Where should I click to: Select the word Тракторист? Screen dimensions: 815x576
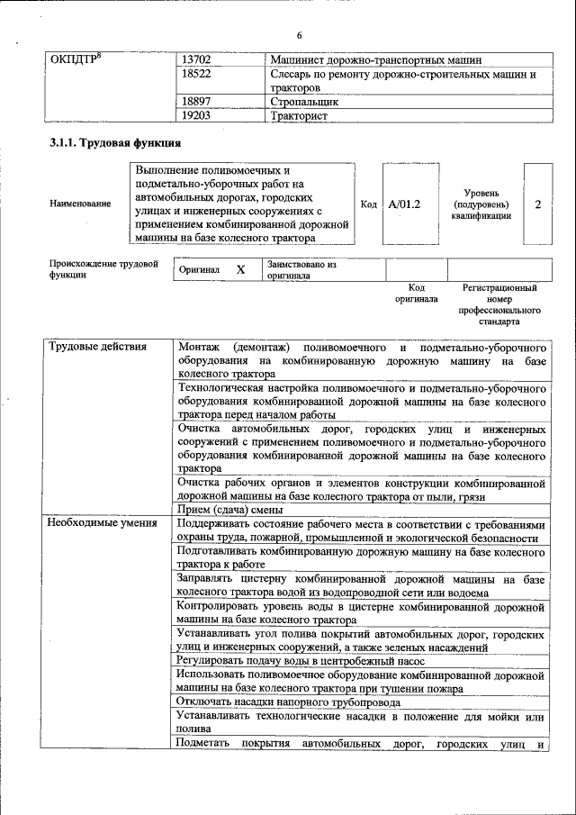(301, 116)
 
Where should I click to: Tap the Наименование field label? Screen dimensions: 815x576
(80, 204)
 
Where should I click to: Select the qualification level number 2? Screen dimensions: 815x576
(537, 204)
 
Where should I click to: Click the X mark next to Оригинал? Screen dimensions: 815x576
(240, 269)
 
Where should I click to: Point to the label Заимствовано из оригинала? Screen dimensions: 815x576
(301, 270)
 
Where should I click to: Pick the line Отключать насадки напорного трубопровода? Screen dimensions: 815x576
(288, 702)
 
